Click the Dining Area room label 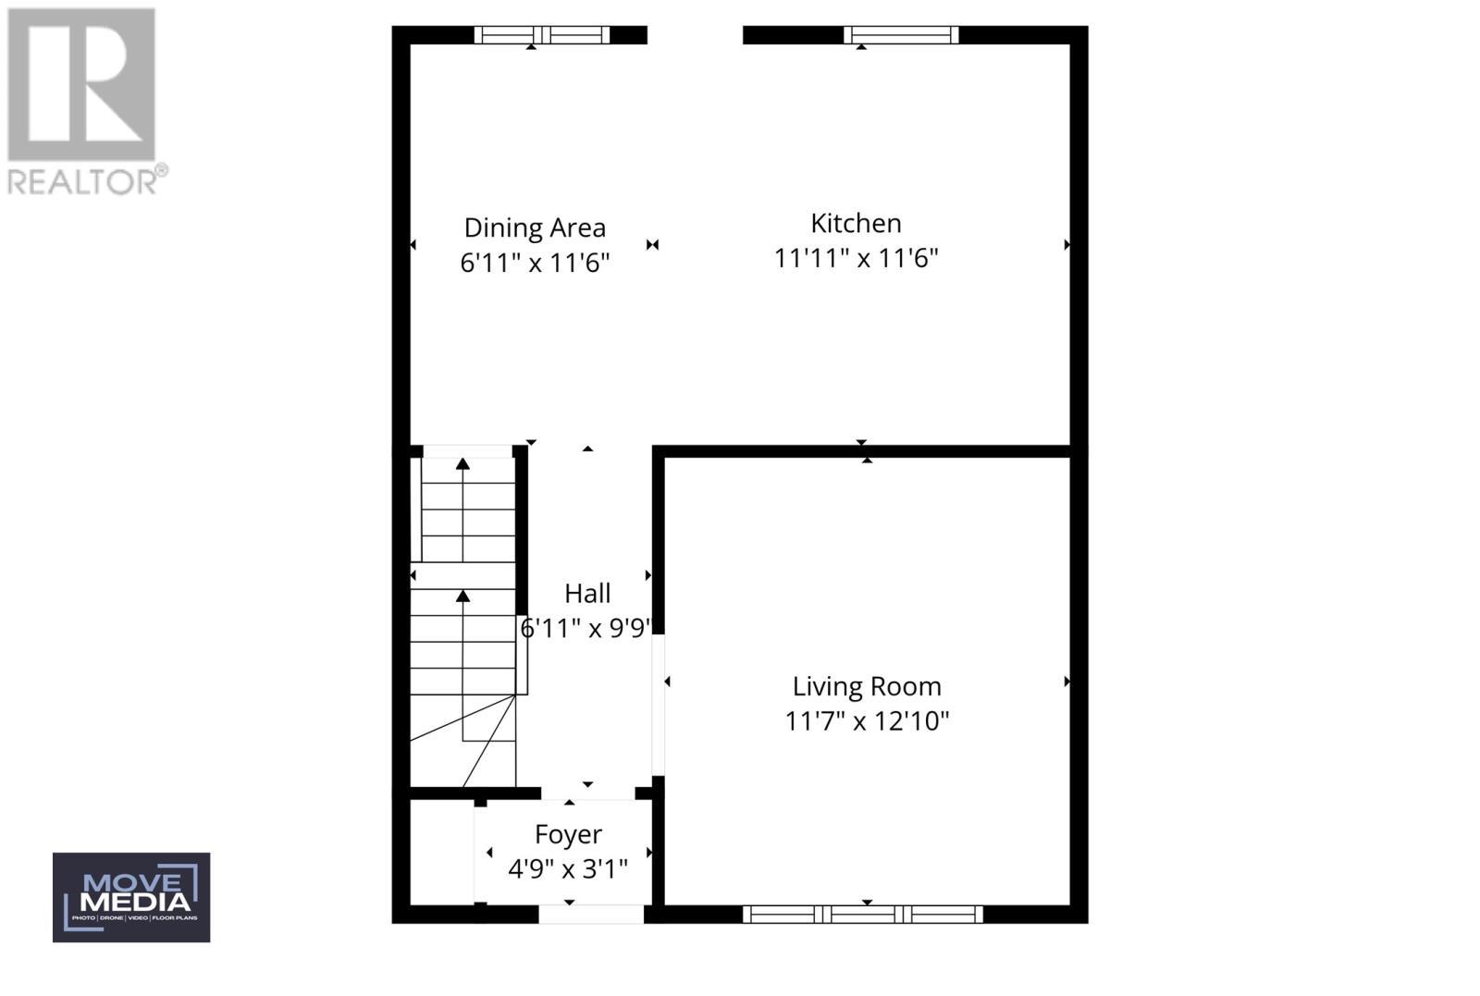click(x=535, y=227)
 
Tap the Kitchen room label click(x=856, y=223)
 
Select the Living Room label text click(x=867, y=686)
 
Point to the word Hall click(x=587, y=593)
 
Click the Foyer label click(x=568, y=834)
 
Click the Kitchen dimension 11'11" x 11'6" click(x=856, y=258)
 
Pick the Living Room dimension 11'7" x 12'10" click(x=867, y=720)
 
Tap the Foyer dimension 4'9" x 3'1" click(x=568, y=869)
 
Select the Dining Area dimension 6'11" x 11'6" click(x=535, y=263)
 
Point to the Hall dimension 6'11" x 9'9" click(x=587, y=629)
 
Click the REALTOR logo click(x=86, y=101)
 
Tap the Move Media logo click(x=131, y=897)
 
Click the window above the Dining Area click(x=542, y=35)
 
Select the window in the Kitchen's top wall click(x=900, y=35)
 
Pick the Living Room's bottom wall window click(x=863, y=915)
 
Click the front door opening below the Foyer click(x=590, y=915)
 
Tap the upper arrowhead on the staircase click(x=462, y=462)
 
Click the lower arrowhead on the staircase click(x=462, y=596)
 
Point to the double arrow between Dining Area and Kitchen click(x=653, y=245)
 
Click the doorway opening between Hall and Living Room click(x=659, y=705)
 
